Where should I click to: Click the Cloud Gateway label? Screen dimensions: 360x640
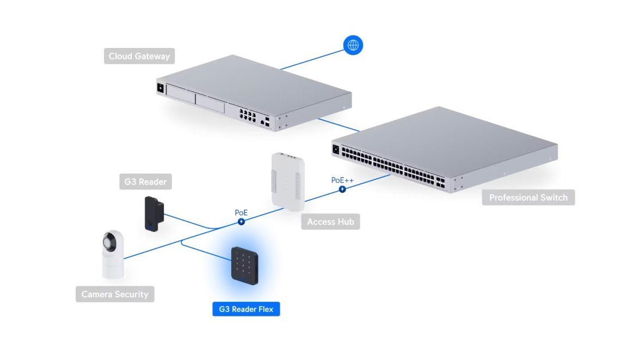pyautogui.click(x=139, y=56)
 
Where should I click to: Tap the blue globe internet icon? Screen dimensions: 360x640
pyautogui.click(x=353, y=45)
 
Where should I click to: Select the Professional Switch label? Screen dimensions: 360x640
pyautogui.click(x=528, y=197)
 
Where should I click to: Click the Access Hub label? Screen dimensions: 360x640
pyautogui.click(x=330, y=222)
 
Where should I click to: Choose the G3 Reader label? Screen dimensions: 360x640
pyautogui.click(x=145, y=182)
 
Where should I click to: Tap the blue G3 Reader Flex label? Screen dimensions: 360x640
pyautogui.click(x=246, y=309)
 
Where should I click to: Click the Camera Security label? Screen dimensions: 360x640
pyautogui.click(x=115, y=294)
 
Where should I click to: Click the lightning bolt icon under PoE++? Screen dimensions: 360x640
pyautogui.click(x=342, y=189)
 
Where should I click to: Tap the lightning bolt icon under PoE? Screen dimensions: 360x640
pyautogui.click(x=241, y=221)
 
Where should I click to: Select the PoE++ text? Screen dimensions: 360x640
pyautogui.click(x=342, y=180)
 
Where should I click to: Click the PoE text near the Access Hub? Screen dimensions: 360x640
pyautogui.click(x=241, y=212)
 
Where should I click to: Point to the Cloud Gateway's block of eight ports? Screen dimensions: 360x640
pyautogui.click(x=247, y=114)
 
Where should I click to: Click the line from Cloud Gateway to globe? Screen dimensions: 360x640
pyautogui.click(x=313, y=57)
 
